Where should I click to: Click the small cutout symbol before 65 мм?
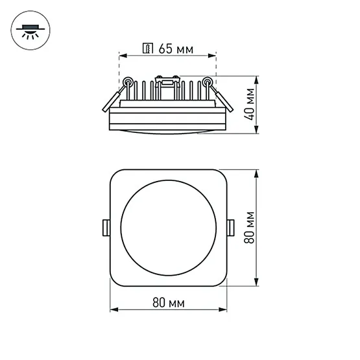point(147,48)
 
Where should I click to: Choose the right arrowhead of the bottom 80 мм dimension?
point(222,310)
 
